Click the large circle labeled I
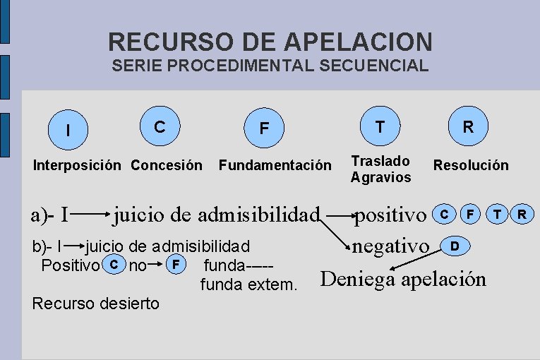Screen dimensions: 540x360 pos(68,130)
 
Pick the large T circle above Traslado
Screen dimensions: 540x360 pos(380,126)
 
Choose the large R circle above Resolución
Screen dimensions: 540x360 pos(468,126)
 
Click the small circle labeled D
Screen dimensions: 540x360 pos(455,246)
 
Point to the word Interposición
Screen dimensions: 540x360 pos(78,165)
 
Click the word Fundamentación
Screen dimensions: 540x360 pos(275,165)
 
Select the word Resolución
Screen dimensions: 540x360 pos(471,165)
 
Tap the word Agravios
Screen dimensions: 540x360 pos(380,177)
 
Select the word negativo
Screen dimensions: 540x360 pos(391,246)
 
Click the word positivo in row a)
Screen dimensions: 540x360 pos(390,213)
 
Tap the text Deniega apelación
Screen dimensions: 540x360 pos(404,280)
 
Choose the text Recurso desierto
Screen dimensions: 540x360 pos(96,304)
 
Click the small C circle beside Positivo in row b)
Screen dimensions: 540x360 pos(111,265)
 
